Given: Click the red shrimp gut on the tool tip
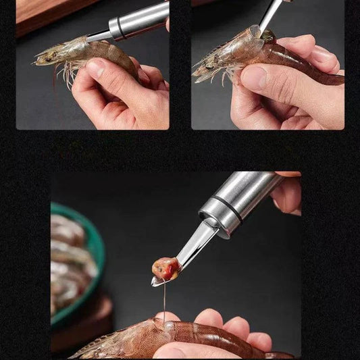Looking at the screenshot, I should pyautogui.click(x=166, y=269).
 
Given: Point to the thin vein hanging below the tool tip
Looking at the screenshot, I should pyautogui.click(x=164, y=301).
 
